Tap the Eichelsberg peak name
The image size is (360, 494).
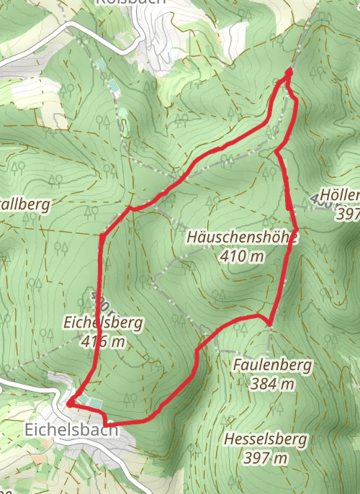point(104,323)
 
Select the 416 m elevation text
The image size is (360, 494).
point(104,341)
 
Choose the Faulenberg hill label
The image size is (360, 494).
point(273,366)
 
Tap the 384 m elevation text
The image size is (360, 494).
point(274,384)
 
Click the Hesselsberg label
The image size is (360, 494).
point(265,439)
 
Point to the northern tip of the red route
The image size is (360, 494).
point(289,71)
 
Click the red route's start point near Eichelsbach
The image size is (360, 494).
point(69,404)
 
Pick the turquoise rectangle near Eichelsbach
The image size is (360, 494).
point(85,399)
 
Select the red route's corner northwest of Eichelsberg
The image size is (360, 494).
point(102,235)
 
